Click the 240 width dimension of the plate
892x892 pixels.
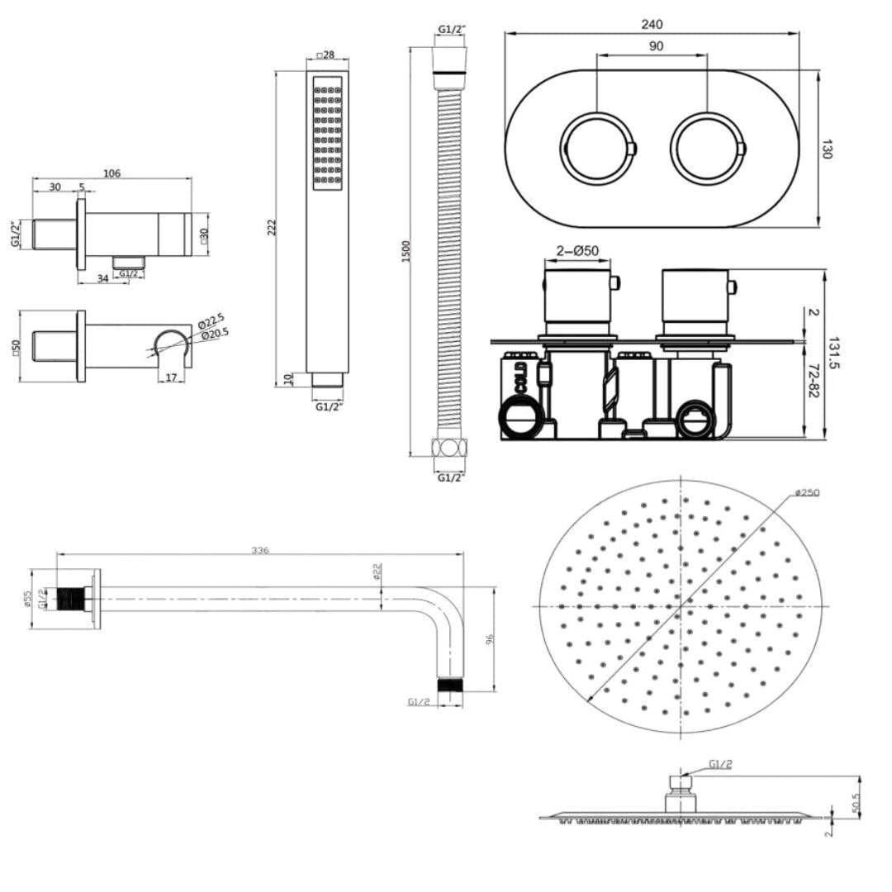(x=652, y=25)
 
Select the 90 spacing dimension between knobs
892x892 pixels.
(x=655, y=46)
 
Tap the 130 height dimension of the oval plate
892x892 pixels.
(x=828, y=149)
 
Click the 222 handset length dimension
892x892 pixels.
(x=273, y=227)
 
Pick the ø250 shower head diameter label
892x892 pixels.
(x=806, y=493)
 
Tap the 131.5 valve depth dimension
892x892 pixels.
(x=833, y=352)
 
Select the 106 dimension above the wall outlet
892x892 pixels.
(x=111, y=173)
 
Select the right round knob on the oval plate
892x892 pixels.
(x=708, y=149)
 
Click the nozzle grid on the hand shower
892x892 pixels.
(x=327, y=133)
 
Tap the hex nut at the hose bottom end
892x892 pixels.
(x=449, y=448)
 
